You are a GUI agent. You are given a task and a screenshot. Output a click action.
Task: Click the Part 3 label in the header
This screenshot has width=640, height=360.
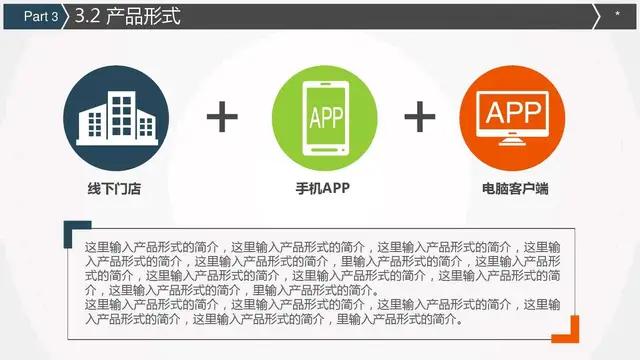[40, 16]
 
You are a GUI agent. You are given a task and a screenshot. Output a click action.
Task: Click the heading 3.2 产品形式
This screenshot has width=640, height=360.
[128, 16]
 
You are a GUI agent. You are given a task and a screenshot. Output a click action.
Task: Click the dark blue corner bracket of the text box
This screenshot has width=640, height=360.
[70, 229]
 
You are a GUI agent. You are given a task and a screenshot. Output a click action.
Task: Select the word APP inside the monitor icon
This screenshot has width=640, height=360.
[513, 108]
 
